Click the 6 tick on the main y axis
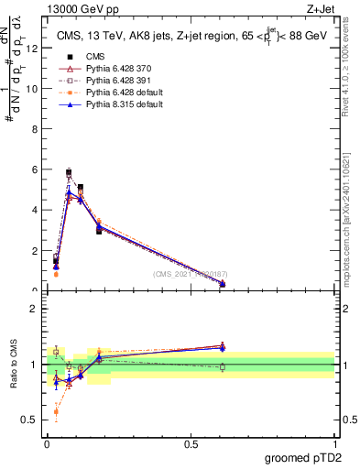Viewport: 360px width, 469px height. click(x=37, y=170)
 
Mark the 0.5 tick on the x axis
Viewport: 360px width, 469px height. click(x=191, y=444)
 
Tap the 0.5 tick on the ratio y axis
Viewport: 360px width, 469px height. click(x=35, y=420)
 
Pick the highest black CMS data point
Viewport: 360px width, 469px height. click(x=69, y=172)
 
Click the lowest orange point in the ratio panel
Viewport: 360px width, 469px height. click(x=56, y=412)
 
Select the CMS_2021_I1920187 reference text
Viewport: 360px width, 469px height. click(x=189, y=273)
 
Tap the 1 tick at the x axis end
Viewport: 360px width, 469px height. click(x=335, y=444)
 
